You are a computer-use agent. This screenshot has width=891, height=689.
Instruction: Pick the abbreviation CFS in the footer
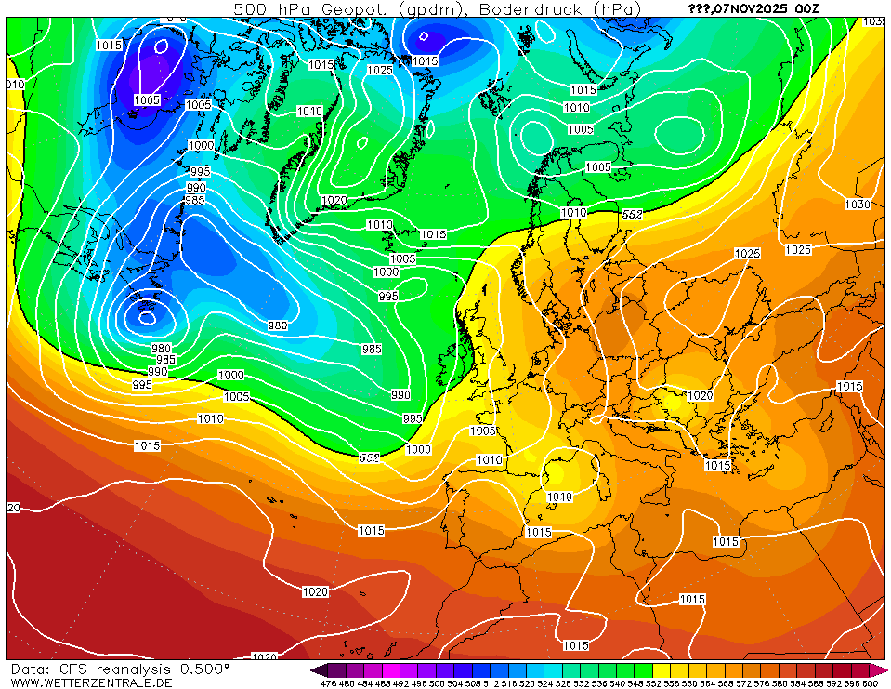[85, 669]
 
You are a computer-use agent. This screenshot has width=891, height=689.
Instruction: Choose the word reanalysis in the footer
[146, 669]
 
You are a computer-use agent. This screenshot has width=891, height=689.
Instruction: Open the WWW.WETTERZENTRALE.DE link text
[91, 682]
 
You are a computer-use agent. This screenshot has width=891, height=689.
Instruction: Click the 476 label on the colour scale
[327, 683]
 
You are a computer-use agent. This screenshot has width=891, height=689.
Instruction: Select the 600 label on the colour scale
[869, 683]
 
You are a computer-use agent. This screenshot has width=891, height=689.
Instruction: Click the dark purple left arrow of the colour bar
[319, 669]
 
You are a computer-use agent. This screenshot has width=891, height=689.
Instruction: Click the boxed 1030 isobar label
[857, 205]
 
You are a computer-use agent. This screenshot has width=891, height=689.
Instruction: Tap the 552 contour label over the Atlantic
[369, 457]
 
